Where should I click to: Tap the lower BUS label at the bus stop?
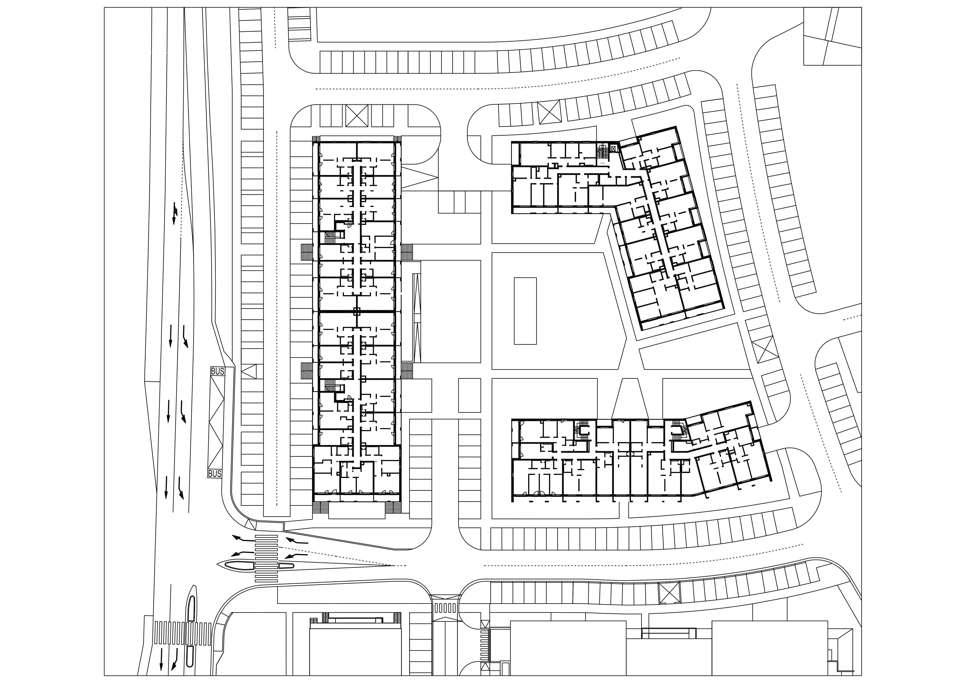pyautogui.click(x=215, y=474)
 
